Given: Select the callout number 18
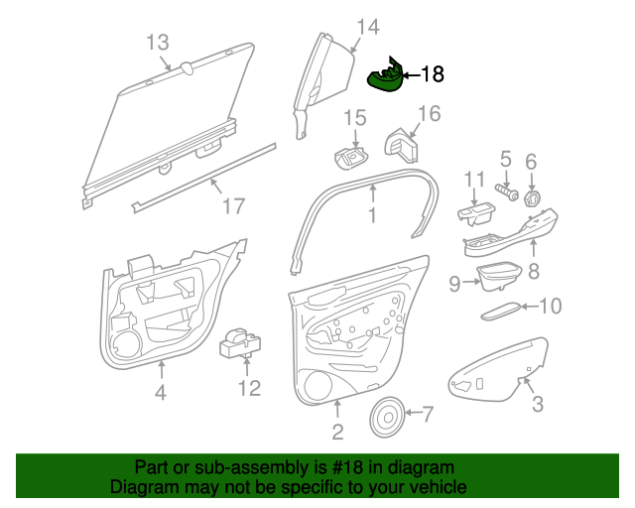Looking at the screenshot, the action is point(433,74).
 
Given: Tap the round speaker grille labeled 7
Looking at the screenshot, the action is point(387,418).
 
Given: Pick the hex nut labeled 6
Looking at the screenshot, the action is point(533,198).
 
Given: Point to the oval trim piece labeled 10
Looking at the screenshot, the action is point(501,311).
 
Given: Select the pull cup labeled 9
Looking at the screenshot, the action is point(498,276).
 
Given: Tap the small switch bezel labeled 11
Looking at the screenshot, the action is point(476,213).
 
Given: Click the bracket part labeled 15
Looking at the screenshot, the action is point(350,158).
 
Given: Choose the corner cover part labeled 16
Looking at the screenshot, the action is point(401,146).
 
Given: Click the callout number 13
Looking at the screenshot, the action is point(157,43).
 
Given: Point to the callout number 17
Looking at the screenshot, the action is point(234,205).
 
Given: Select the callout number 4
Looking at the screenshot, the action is point(161,392).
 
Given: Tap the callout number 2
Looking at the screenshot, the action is point(337,432).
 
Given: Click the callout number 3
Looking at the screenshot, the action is point(538,403).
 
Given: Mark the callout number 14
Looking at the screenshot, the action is point(368,27).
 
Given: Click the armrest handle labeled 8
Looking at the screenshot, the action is point(510,234).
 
